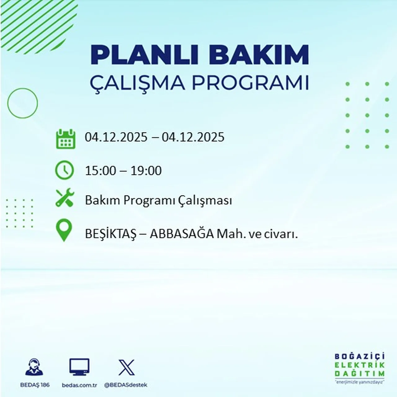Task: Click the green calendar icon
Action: pos(65,139)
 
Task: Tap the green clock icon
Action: pos(65,170)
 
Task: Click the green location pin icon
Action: pos(64,230)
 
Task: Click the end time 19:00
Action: pos(146,171)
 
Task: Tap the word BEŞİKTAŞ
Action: pos(111,234)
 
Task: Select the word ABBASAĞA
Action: pos(182,234)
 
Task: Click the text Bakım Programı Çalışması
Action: pos(158,201)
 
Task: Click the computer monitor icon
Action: pos(79,367)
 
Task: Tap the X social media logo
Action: pos(127,368)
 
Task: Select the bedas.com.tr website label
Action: pos(79,385)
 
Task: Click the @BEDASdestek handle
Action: pos(126,385)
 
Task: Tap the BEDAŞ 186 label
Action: pos(34,385)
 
